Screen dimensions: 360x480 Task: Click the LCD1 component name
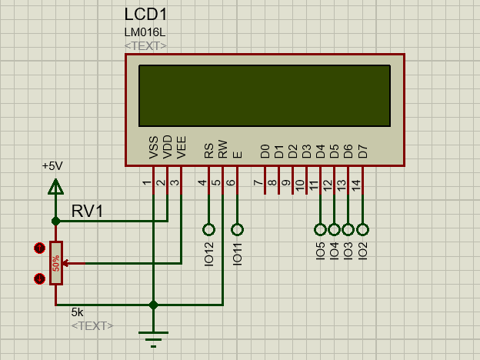pos(145,15)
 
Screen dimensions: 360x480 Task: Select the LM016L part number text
pos(145,32)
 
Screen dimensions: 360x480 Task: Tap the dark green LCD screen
pos(265,95)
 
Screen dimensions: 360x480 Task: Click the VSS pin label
pos(154,148)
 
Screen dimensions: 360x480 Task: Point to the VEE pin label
pos(182,148)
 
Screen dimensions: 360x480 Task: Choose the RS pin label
pos(208,150)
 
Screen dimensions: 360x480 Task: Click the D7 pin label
pos(362,151)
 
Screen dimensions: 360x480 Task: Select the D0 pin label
pos(265,151)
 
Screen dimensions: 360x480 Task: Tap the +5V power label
pos(52,165)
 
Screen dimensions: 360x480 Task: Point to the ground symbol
pos(154,336)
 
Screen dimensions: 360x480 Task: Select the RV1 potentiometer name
pos(88,211)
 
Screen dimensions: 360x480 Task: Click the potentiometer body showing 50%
pos(55,263)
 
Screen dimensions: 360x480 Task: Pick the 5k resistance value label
pos(77,312)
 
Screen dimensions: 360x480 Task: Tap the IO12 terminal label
pos(208,253)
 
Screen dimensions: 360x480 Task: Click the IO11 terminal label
pos(237,253)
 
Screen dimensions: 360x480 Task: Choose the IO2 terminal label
pos(362,250)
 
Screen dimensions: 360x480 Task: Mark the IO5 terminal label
pos(320,250)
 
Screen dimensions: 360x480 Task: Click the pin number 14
pos(355,185)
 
